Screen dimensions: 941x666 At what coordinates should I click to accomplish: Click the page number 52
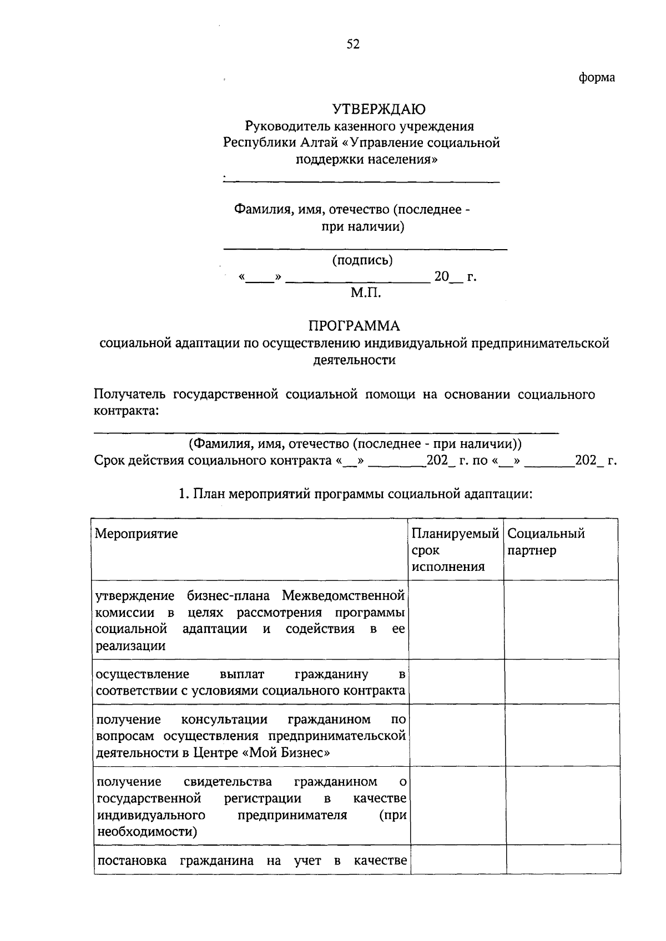(x=353, y=44)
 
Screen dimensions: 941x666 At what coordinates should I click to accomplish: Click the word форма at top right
(x=597, y=78)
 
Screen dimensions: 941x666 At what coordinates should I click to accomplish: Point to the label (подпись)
(x=362, y=260)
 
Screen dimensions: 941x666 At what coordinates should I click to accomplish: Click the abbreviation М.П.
(x=366, y=292)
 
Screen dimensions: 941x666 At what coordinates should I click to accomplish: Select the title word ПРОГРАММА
(x=354, y=325)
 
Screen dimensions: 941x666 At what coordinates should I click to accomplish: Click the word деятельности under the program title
(x=354, y=360)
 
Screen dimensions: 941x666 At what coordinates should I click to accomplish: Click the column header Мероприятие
(x=137, y=534)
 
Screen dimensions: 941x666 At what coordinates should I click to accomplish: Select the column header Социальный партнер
(x=546, y=542)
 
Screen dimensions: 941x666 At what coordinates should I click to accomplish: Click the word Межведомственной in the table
(x=343, y=596)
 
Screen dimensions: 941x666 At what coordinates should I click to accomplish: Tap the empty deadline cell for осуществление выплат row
(x=456, y=682)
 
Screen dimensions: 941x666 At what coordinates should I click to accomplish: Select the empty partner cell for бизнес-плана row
(x=561, y=620)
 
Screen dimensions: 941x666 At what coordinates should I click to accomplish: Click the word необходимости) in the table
(x=147, y=832)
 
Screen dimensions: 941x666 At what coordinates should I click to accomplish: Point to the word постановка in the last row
(x=132, y=861)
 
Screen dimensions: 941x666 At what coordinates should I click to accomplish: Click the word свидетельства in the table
(x=228, y=782)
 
